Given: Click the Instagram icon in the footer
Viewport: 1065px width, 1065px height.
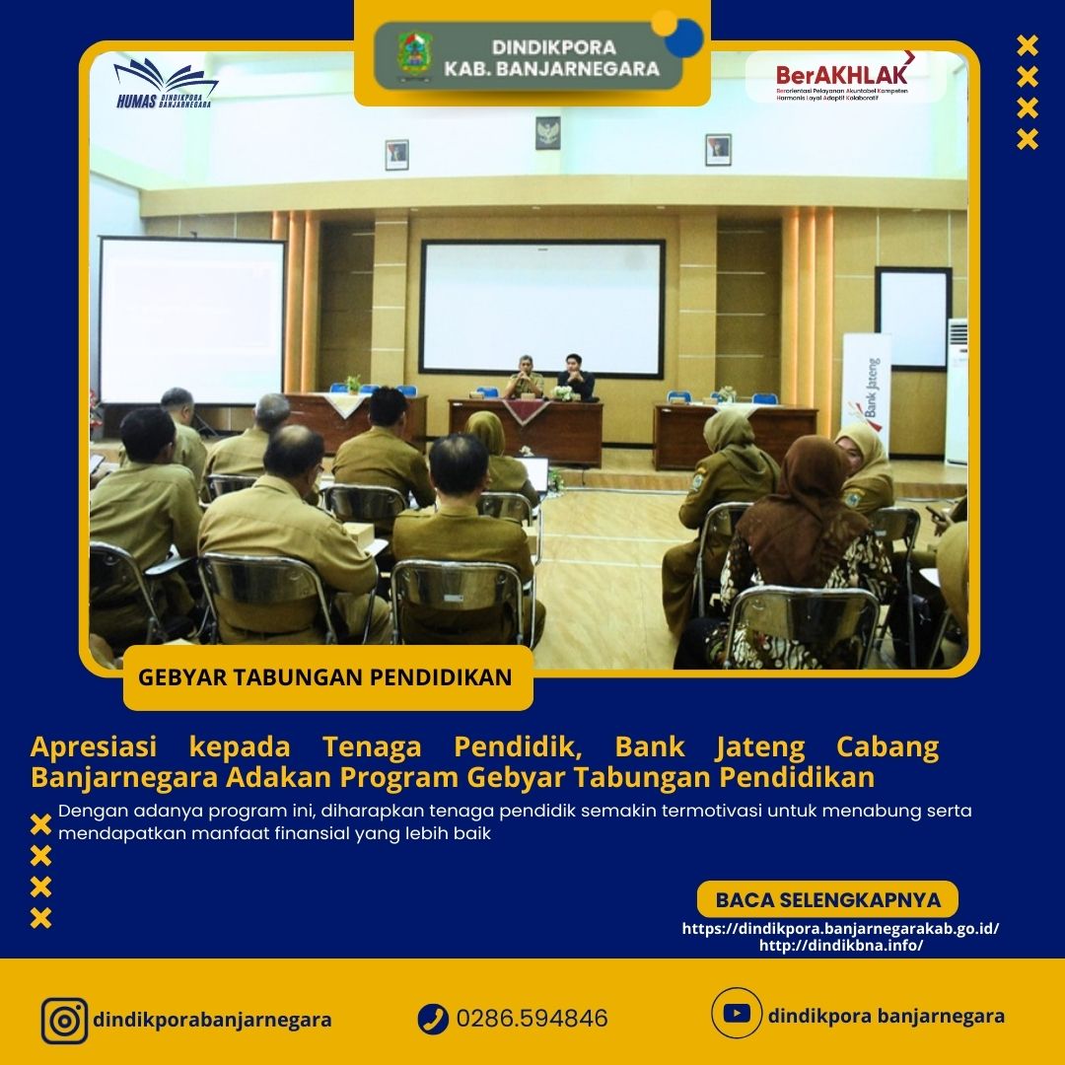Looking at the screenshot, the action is coord(64,1021).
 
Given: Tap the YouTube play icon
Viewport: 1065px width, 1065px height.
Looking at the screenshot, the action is coord(737,1014).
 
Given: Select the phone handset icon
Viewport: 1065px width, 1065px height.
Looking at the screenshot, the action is coord(433,1019).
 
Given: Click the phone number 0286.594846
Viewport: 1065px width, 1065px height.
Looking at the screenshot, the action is coord(532,1019).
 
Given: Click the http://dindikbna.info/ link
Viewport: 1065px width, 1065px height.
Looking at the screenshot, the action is coord(841,945).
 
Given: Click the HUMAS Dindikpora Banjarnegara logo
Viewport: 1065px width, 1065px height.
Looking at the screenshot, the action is coord(165,83).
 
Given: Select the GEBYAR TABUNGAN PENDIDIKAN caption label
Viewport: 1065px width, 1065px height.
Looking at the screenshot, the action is coord(325,677).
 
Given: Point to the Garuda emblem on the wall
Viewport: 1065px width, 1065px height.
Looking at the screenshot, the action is coord(548,132).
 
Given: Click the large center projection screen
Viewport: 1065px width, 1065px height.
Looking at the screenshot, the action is coord(542,308).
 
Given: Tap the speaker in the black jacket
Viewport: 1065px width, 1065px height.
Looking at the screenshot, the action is coord(576,377).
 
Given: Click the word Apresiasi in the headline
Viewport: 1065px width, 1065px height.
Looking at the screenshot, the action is coord(94,746).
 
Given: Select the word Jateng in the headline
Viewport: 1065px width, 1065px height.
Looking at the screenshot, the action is coord(760,747).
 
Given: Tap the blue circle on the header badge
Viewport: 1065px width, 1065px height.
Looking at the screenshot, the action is coord(684,38).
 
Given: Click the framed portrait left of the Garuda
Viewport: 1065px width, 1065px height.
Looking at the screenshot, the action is coord(397,155).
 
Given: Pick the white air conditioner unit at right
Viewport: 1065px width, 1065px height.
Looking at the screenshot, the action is coord(957,390).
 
